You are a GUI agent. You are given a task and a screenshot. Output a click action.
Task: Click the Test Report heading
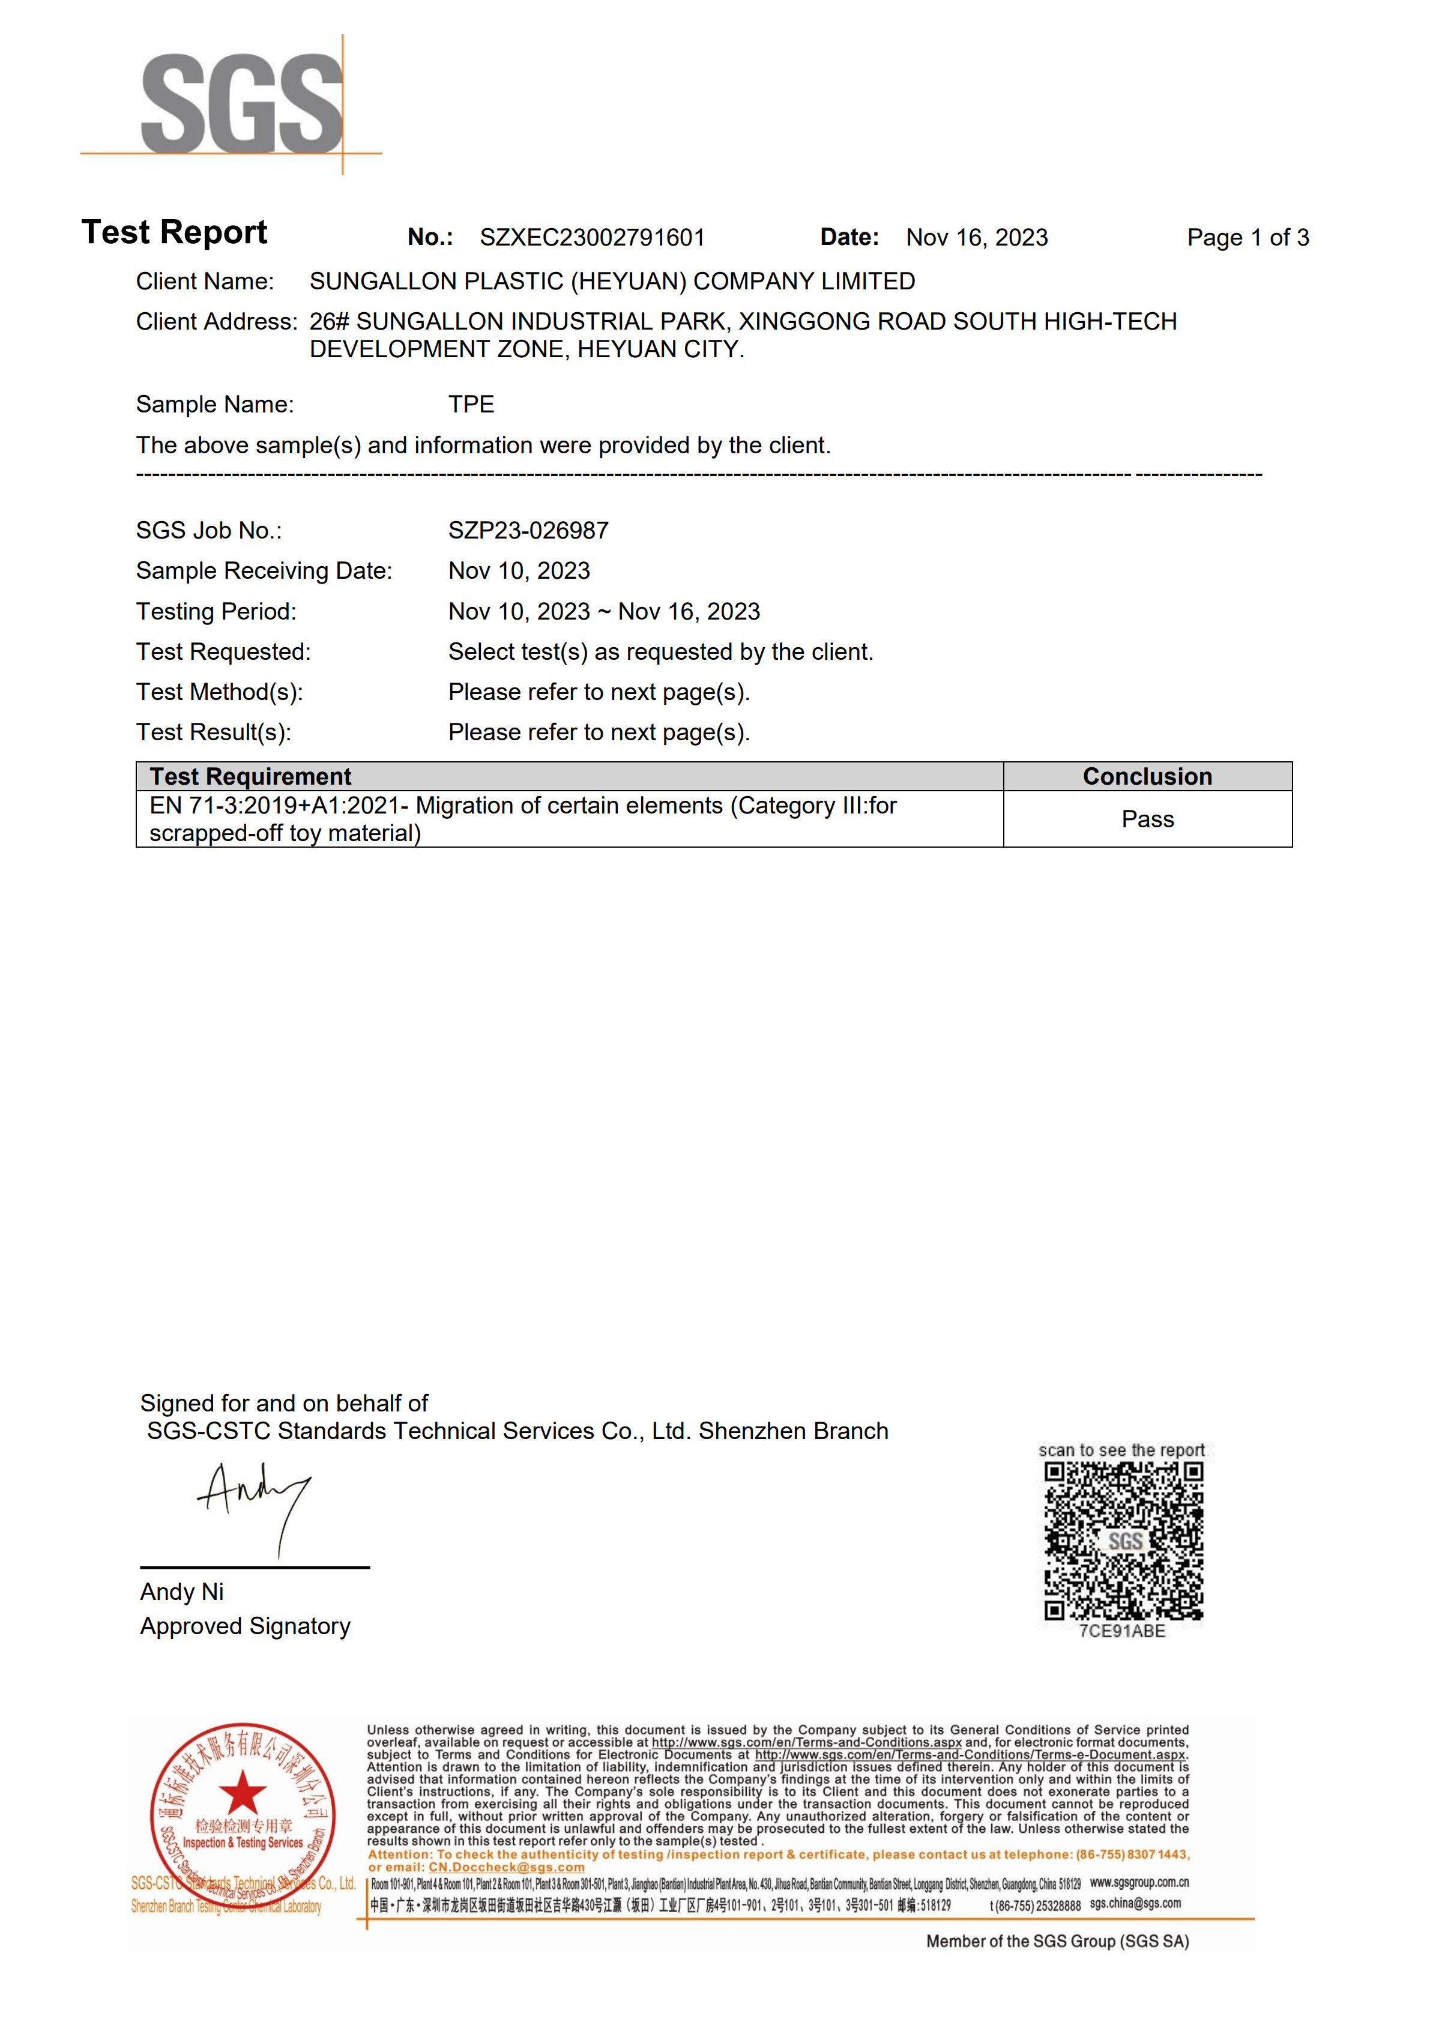[x=174, y=232]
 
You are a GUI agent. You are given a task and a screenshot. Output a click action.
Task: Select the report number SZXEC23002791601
[x=592, y=238]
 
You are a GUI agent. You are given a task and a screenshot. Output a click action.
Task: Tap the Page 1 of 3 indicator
[x=1247, y=238]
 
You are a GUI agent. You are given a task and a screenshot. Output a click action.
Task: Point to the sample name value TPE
[x=471, y=404]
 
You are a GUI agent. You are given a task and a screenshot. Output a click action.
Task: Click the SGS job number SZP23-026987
[x=528, y=530]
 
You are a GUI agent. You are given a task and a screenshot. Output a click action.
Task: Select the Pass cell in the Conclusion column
[x=1147, y=819]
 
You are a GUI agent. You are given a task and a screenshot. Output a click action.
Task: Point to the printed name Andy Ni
[x=181, y=1592]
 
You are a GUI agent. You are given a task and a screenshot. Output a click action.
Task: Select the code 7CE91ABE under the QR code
[x=1122, y=1631]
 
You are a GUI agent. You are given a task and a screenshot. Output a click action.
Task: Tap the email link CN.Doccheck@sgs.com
[x=506, y=1867]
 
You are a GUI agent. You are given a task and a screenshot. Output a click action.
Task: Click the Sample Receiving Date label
[x=264, y=571]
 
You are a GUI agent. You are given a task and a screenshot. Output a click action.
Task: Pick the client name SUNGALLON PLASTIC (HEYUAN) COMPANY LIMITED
[x=612, y=281]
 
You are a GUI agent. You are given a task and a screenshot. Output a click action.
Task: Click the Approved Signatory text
[x=245, y=1626]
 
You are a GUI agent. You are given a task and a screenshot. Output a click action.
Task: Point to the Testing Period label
[x=216, y=611]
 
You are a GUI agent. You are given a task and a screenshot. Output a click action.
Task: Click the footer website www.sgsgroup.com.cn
[x=1139, y=1882]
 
